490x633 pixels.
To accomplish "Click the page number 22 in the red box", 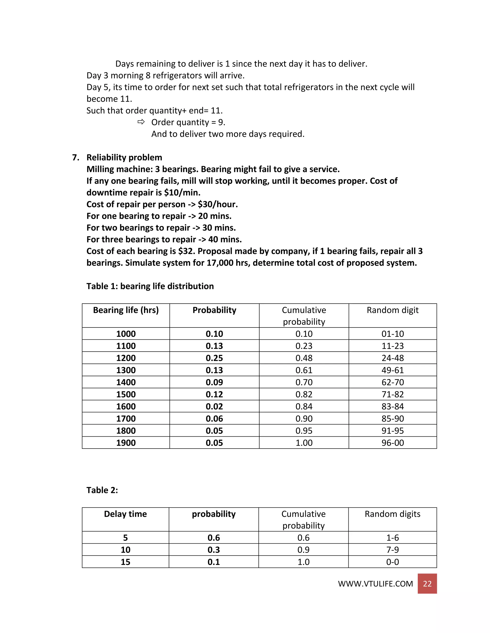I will pyautogui.click(x=427, y=584).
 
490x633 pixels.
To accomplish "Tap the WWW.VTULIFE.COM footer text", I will pyautogui.click(x=375, y=584).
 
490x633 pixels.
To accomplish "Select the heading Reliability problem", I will pyautogui.click(x=124, y=157).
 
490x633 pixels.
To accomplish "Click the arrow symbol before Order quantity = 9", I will pyautogui.click(x=141, y=122).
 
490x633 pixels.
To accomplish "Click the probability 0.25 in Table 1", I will pyautogui.click(x=214, y=358).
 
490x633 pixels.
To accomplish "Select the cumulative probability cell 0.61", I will pyautogui.click(x=304, y=370).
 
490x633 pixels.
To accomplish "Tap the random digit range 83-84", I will pyautogui.click(x=392, y=406).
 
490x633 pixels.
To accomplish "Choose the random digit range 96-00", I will pyautogui.click(x=392, y=443).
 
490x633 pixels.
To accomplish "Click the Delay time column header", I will pyautogui.click(x=125, y=514).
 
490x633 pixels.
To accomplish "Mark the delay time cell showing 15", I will pyautogui.click(x=125, y=562).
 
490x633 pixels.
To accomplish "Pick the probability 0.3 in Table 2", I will pyautogui.click(x=214, y=550).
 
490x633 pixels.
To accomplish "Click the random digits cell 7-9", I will pyautogui.click(x=392, y=550).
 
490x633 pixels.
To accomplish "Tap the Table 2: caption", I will pyautogui.click(x=102, y=490).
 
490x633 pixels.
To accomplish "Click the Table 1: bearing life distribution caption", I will pyautogui.click(x=150, y=286).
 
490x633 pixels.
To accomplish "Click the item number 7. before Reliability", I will pyautogui.click(x=75, y=157).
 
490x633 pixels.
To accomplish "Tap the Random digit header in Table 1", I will pyautogui.click(x=392, y=310).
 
